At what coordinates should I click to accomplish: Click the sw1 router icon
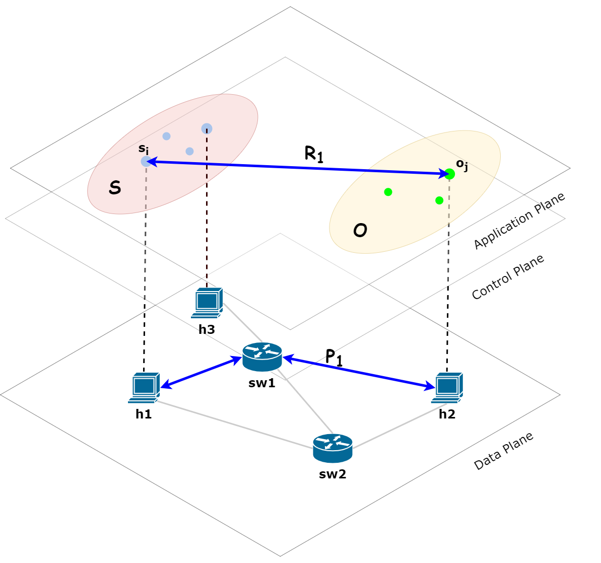(x=262, y=356)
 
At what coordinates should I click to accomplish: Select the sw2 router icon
(x=332, y=448)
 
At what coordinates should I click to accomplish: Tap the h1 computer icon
(x=144, y=388)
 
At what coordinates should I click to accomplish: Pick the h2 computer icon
(x=447, y=387)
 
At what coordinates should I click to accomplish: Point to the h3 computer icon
(x=207, y=303)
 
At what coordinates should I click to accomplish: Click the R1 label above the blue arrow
(x=313, y=154)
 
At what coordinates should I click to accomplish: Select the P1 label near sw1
(x=333, y=357)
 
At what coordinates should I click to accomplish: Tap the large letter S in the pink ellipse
(x=115, y=188)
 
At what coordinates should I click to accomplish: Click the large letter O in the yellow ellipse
(x=360, y=231)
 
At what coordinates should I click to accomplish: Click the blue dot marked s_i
(x=146, y=161)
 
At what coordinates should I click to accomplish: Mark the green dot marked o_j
(x=449, y=174)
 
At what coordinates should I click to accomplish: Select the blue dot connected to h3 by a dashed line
(x=207, y=128)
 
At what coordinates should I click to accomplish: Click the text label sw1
(x=262, y=383)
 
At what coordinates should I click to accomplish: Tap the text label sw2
(x=332, y=474)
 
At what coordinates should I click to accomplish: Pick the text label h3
(x=207, y=330)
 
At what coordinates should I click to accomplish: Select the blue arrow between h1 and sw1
(x=202, y=373)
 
